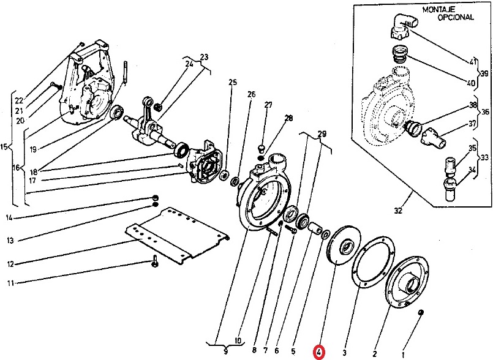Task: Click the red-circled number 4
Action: [x=319, y=352]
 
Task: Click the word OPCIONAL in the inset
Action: [x=455, y=18]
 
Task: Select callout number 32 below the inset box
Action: [x=398, y=212]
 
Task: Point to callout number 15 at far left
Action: [x=6, y=147]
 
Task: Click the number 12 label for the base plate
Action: [x=9, y=264]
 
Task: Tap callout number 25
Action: [x=232, y=82]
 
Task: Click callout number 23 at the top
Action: [x=204, y=57]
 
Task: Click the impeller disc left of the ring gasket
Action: [x=344, y=249]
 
